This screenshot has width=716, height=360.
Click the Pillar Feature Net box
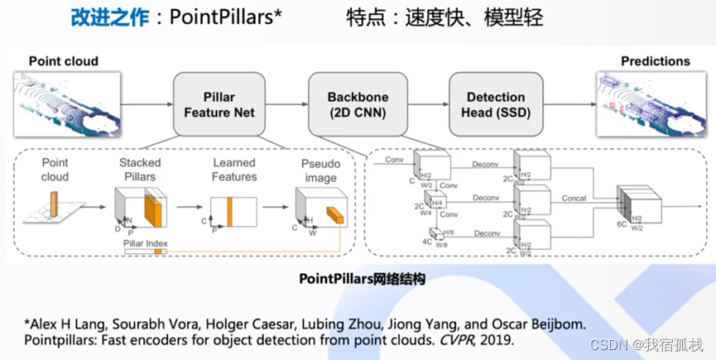coord(219,104)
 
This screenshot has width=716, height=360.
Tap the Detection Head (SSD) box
coord(496,104)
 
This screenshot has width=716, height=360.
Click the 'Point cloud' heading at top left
coord(64,61)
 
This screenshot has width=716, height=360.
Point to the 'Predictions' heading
coord(655,61)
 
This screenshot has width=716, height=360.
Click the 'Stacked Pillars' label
coord(140,170)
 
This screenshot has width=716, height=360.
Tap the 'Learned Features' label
coord(234,170)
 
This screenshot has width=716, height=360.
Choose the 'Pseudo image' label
coord(320,170)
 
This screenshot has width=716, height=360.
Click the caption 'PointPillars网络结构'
coord(362,280)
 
